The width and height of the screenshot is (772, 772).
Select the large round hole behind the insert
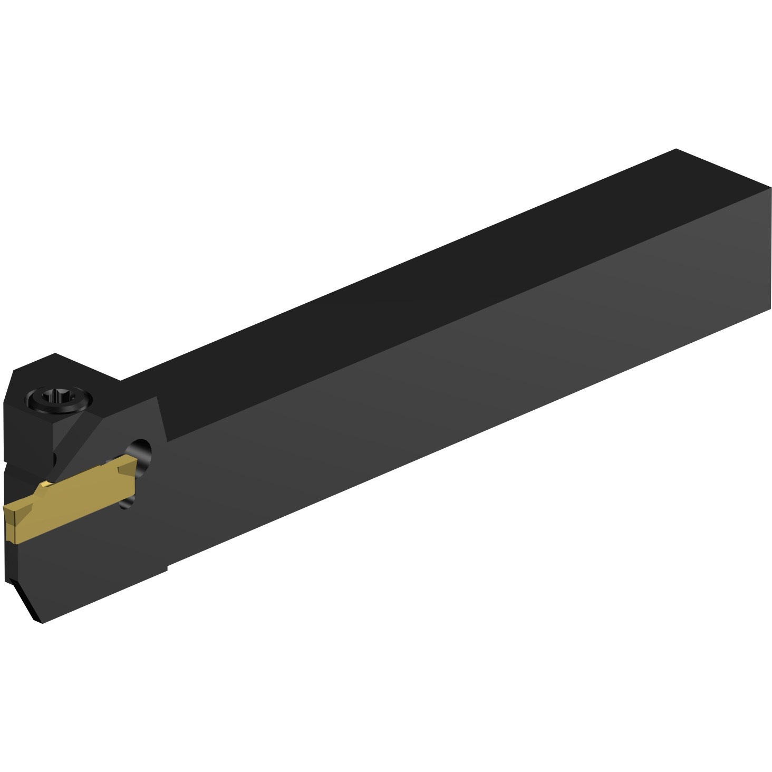[142, 451]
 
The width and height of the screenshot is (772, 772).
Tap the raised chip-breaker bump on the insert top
[44, 486]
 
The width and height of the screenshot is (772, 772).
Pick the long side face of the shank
[448, 401]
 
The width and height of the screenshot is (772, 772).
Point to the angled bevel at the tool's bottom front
[26, 601]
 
